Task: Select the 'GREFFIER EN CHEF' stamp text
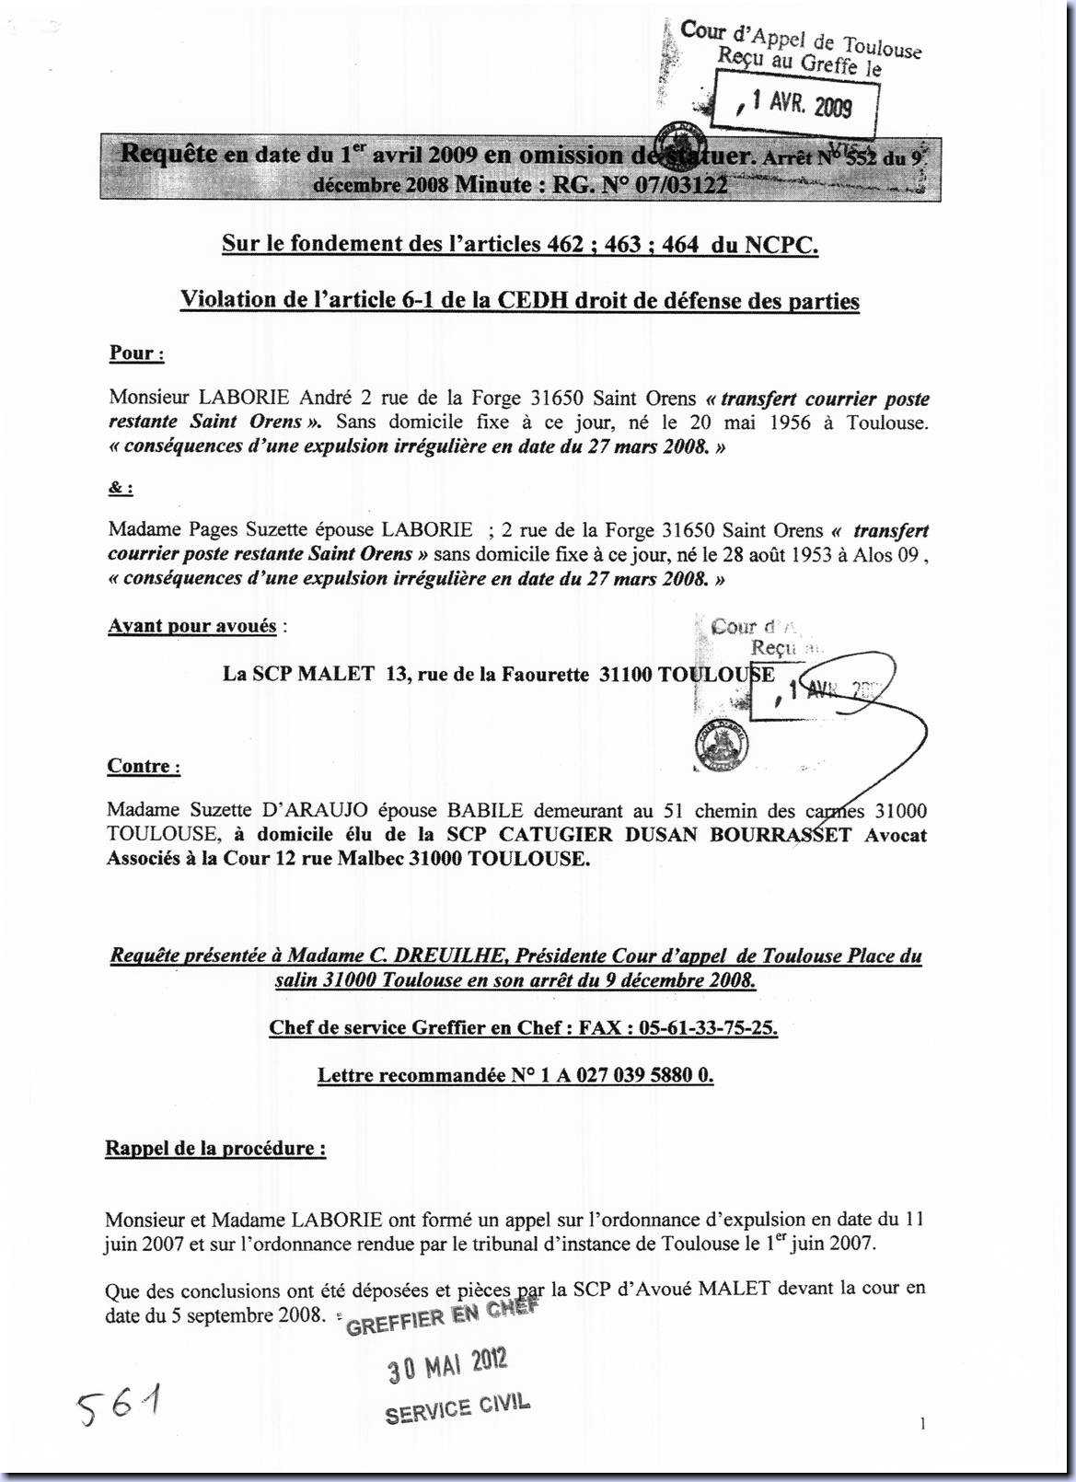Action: (x=440, y=1318)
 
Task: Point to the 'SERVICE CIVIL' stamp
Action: (x=457, y=1407)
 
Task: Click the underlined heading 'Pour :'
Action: (x=136, y=353)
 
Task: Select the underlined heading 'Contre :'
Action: (x=144, y=767)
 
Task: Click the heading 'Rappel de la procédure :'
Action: (x=215, y=1149)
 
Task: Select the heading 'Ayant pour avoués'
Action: (x=192, y=627)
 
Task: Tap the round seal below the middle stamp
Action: (x=721, y=743)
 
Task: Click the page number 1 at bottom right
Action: (x=922, y=1424)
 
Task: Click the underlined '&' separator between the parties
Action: (x=119, y=489)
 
